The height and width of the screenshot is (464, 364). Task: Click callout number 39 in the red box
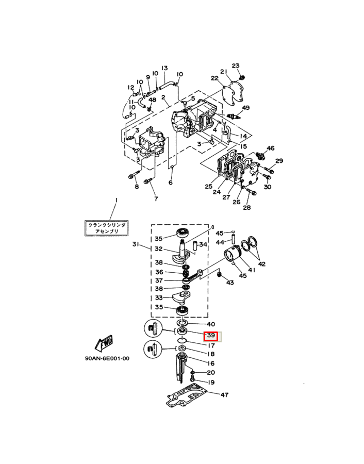pos(211,336)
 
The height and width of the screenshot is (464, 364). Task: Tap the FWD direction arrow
pos(102,342)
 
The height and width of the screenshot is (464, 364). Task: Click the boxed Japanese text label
pos(106,228)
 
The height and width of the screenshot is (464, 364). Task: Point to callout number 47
pos(224,395)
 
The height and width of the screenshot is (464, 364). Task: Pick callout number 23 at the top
pos(236,65)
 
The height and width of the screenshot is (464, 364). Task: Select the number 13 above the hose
pos(164,68)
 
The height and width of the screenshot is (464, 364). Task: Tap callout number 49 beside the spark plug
pos(245,108)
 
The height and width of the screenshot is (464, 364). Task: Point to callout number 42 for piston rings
pos(262,263)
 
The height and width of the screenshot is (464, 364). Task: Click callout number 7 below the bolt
pos(154,198)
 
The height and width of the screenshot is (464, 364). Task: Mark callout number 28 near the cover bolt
pos(246,208)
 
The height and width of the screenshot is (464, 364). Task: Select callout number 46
pos(270,148)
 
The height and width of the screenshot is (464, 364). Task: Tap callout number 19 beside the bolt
pos(211,382)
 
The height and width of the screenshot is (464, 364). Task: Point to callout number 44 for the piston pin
pos(220,242)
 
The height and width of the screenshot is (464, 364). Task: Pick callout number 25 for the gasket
pos(208,186)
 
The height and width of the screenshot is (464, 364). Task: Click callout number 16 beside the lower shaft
pos(211,363)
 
